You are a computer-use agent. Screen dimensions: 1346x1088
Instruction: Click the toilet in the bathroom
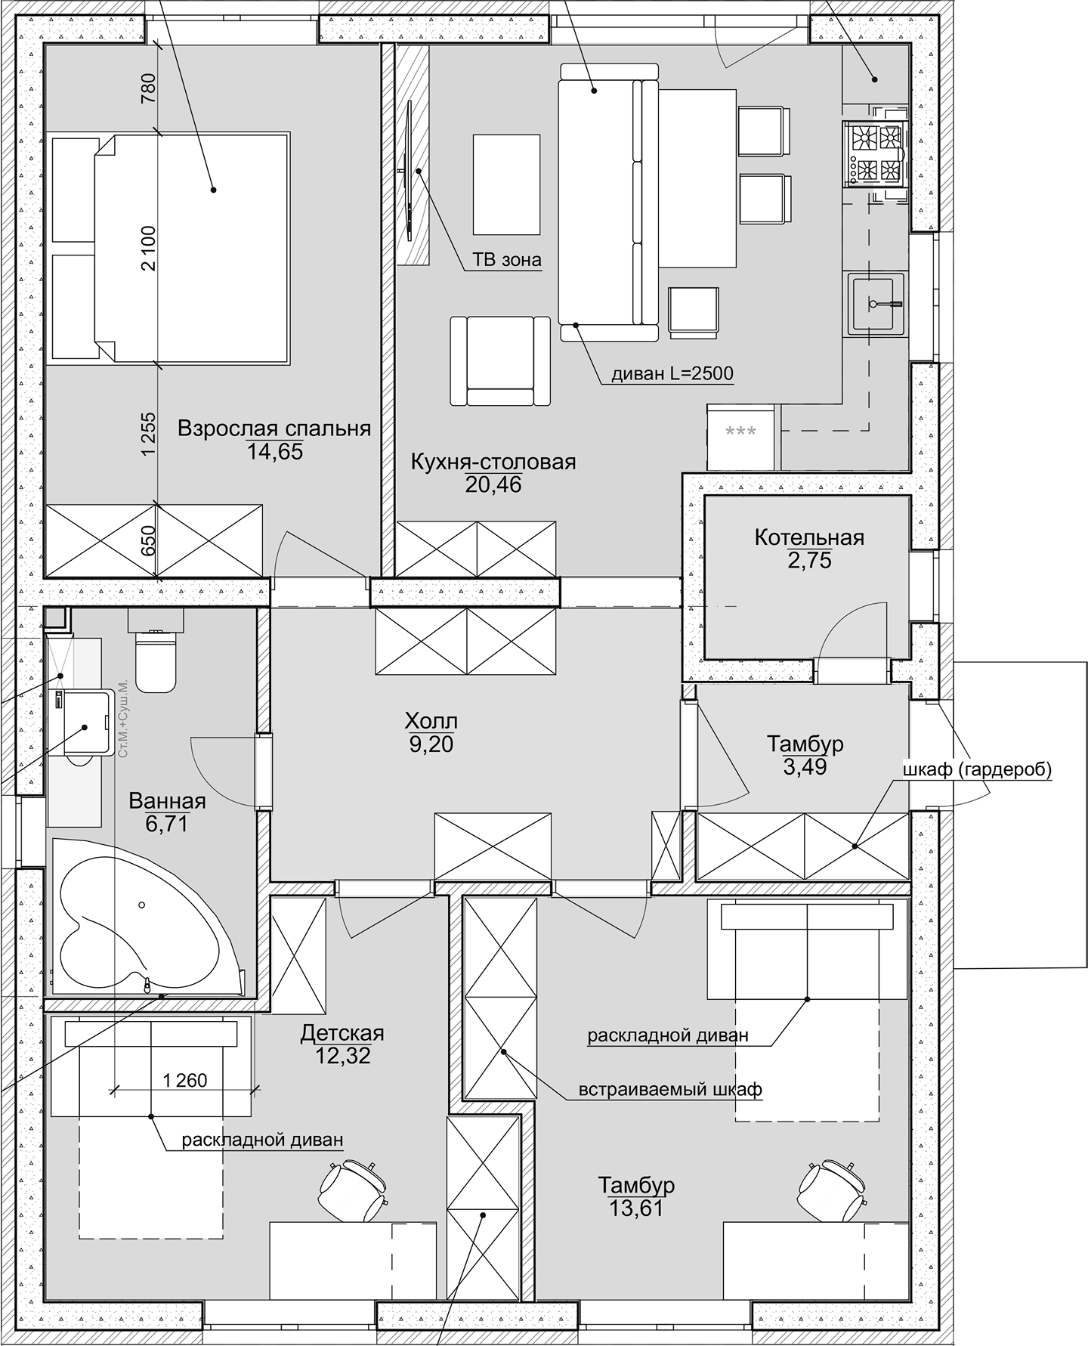pos(155,661)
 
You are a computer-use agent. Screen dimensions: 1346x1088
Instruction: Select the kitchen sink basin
pos(876,304)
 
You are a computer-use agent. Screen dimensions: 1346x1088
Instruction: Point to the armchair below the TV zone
pos(500,362)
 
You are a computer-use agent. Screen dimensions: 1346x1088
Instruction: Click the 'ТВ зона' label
pos(507,261)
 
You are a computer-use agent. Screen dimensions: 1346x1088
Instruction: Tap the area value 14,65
pos(274,452)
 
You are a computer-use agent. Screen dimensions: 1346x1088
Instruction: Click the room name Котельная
pos(808,537)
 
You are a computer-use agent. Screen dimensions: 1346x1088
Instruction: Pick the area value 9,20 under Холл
pos(431,745)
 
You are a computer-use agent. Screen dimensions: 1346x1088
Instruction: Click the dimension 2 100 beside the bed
pos(148,247)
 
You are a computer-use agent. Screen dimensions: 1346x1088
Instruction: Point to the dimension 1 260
pos(184,1081)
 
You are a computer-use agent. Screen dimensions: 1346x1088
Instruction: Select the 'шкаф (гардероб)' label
pos(977,770)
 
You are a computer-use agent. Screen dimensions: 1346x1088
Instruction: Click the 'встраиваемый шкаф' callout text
pos(670,1090)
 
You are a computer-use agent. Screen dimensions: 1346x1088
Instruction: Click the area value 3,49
pos(805,767)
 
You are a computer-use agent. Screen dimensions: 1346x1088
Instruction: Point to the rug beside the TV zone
pos(506,184)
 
